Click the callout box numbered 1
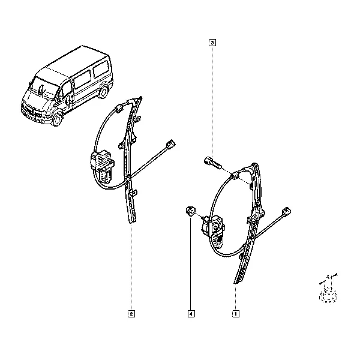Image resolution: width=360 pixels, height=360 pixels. click(236, 314)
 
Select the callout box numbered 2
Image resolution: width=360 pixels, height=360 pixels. click(131, 314)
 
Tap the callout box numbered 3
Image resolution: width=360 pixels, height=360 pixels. click(212, 43)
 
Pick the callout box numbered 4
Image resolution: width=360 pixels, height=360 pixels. click(191, 314)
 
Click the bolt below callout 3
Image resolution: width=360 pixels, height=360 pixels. click(212, 163)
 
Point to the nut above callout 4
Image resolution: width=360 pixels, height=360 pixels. click(190, 211)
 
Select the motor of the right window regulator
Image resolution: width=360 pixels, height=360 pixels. click(214, 231)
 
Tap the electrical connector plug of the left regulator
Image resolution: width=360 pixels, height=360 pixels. click(170, 144)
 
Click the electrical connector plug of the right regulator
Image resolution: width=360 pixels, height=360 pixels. click(286, 211)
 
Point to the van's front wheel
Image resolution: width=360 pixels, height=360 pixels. click(57, 119)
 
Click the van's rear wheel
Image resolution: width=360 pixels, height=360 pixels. click(104, 92)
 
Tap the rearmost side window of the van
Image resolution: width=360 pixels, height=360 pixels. click(100, 68)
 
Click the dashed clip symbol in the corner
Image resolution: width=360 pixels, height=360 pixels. click(328, 289)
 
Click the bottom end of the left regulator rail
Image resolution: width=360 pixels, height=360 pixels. click(133, 222)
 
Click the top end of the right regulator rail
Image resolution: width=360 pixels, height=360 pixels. click(254, 164)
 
